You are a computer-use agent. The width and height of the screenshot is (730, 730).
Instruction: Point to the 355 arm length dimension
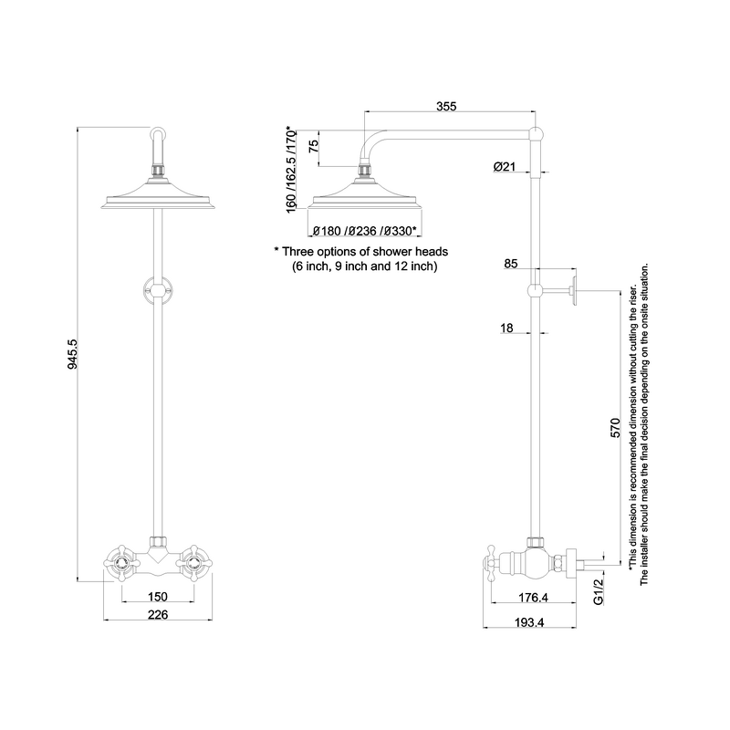[446, 107]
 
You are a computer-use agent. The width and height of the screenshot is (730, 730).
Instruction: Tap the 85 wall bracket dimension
[510, 264]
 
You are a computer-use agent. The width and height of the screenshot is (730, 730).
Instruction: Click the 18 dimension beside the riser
[507, 328]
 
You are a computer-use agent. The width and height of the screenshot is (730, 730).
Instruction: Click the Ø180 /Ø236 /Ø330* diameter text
[364, 231]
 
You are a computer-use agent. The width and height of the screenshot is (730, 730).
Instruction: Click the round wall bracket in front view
[159, 291]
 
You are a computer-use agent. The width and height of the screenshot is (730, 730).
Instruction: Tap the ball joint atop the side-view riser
[537, 135]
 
